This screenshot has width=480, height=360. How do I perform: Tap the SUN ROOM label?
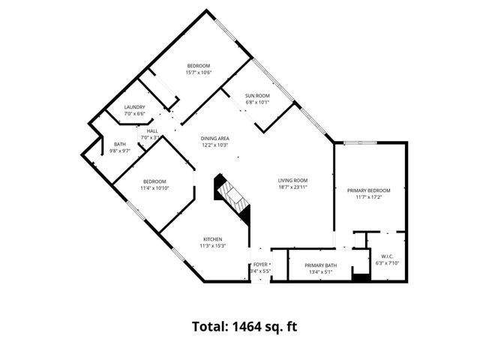pyautogui.click(x=257, y=95)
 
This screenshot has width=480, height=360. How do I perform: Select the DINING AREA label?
pyautogui.click(x=214, y=138)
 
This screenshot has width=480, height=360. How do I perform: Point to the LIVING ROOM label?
pyautogui.click(x=292, y=180)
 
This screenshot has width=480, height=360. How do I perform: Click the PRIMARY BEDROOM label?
pyautogui.click(x=369, y=191)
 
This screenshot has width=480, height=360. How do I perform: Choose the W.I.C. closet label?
pyautogui.click(x=388, y=256)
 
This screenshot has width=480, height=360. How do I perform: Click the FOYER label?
pyautogui.click(x=260, y=265)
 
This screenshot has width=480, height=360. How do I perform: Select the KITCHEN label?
pyautogui.click(x=212, y=239)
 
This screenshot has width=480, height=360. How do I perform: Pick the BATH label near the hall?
pyautogui.click(x=120, y=144)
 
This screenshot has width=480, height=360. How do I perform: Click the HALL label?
pyautogui.click(x=152, y=130)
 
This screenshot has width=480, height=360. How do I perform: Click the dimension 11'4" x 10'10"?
pyautogui.click(x=155, y=187)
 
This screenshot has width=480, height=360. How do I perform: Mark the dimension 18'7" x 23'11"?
pyautogui.click(x=292, y=187)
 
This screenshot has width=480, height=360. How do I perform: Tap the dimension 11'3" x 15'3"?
pyautogui.click(x=213, y=246)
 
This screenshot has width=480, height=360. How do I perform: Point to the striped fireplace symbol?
pyautogui.click(x=232, y=196)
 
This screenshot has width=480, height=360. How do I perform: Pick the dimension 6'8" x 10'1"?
pyautogui.click(x=257, y=102)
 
